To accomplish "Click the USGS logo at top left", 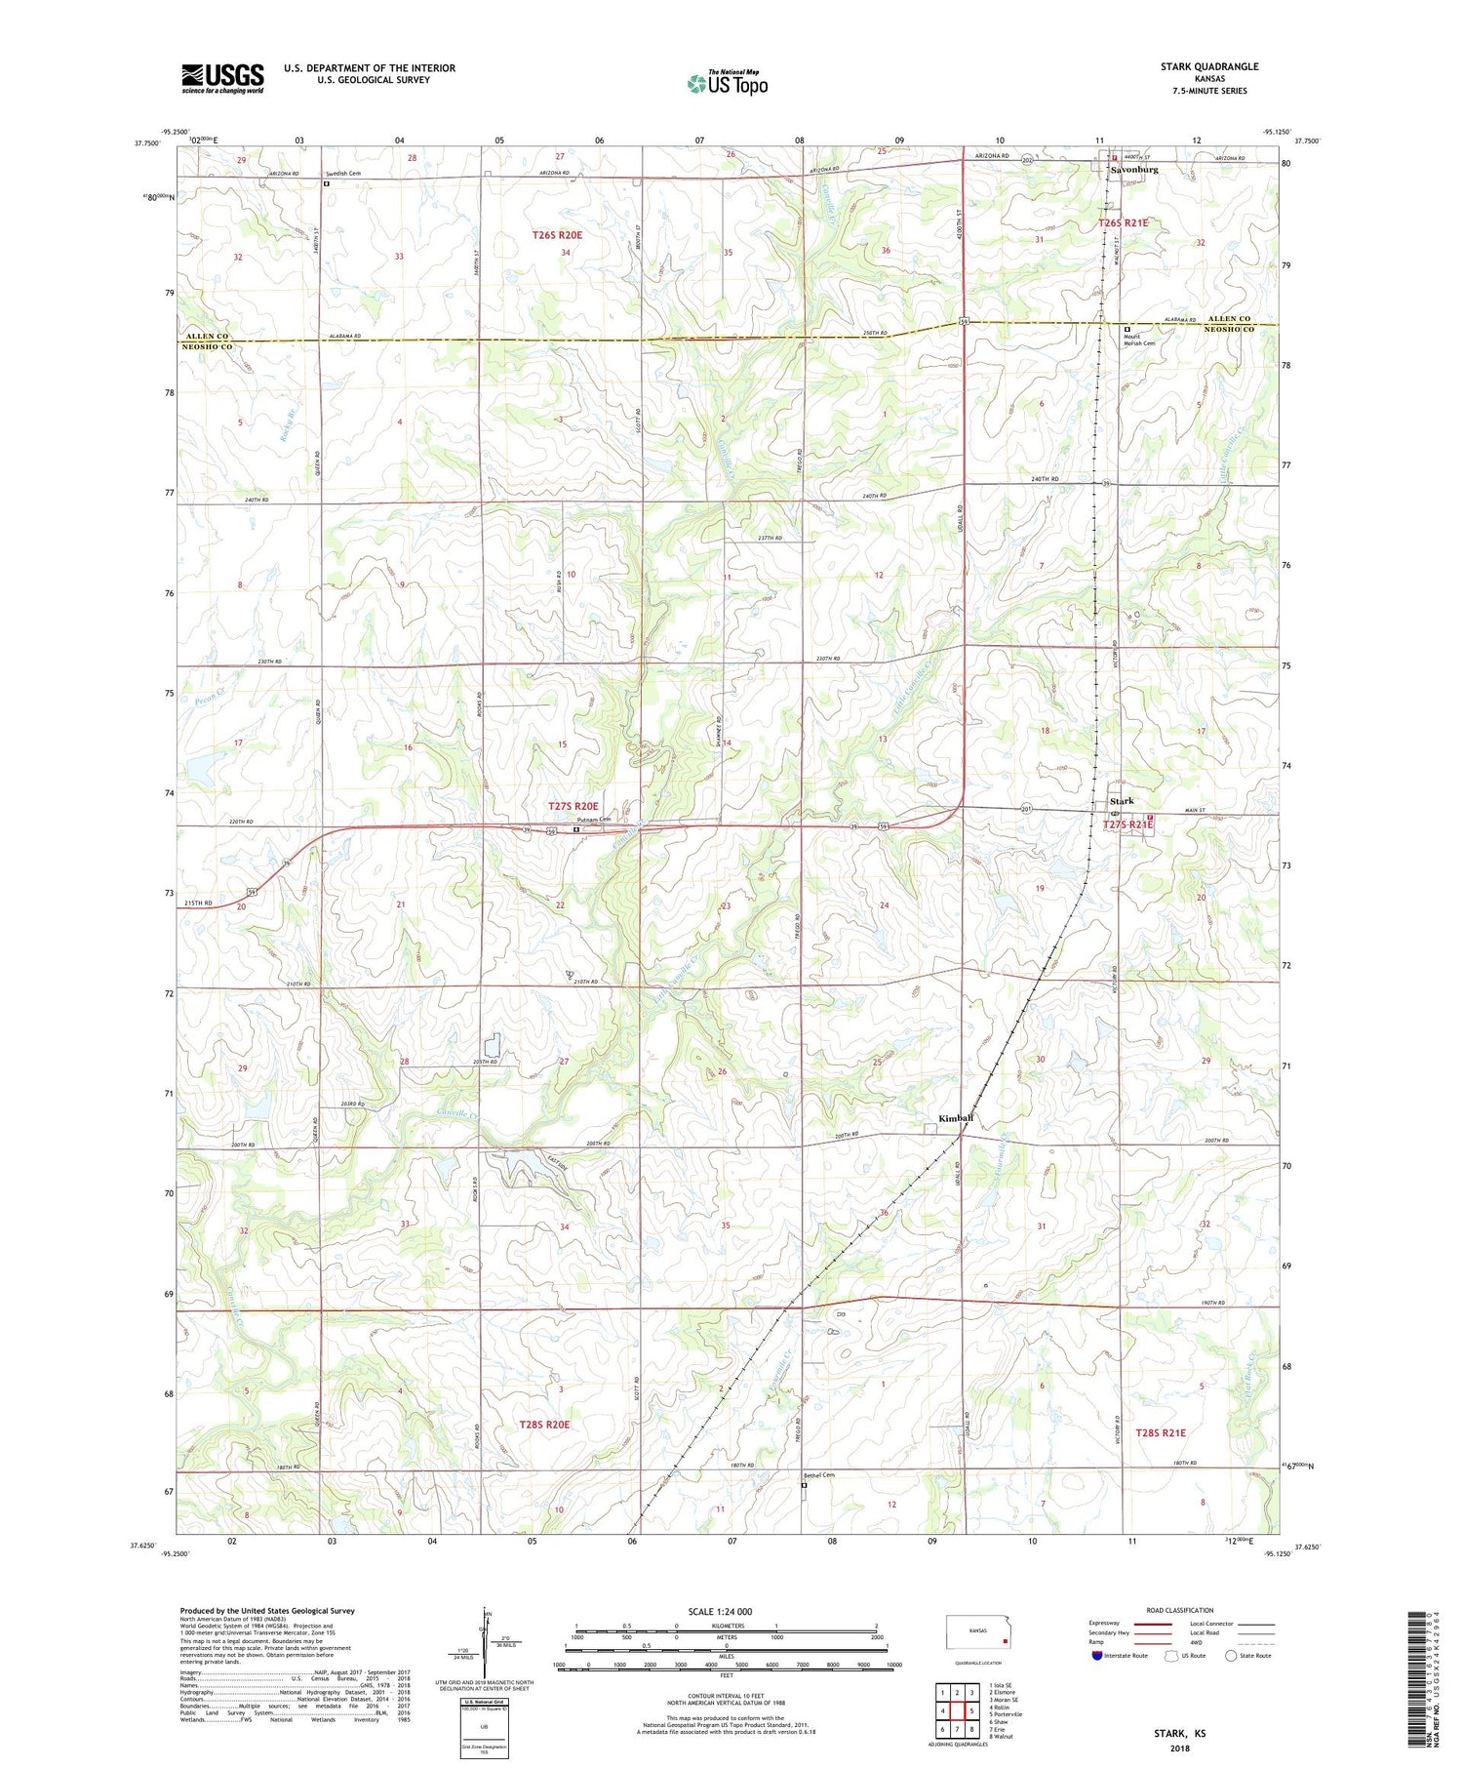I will coord(222,78).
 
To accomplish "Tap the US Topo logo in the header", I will coord(727,83).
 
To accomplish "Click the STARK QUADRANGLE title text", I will coord(1208,66).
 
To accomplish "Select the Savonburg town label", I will coord(1134,170).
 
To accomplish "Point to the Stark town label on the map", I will coord(1122,801).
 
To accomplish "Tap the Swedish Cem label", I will coord(343,174).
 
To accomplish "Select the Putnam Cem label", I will coord(592,819).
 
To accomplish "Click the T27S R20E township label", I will coord(573,806).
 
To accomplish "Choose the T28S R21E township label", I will coord(1161,1431).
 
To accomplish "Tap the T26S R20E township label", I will coord(557,235).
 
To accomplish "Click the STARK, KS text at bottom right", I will coord(1179,1733).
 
